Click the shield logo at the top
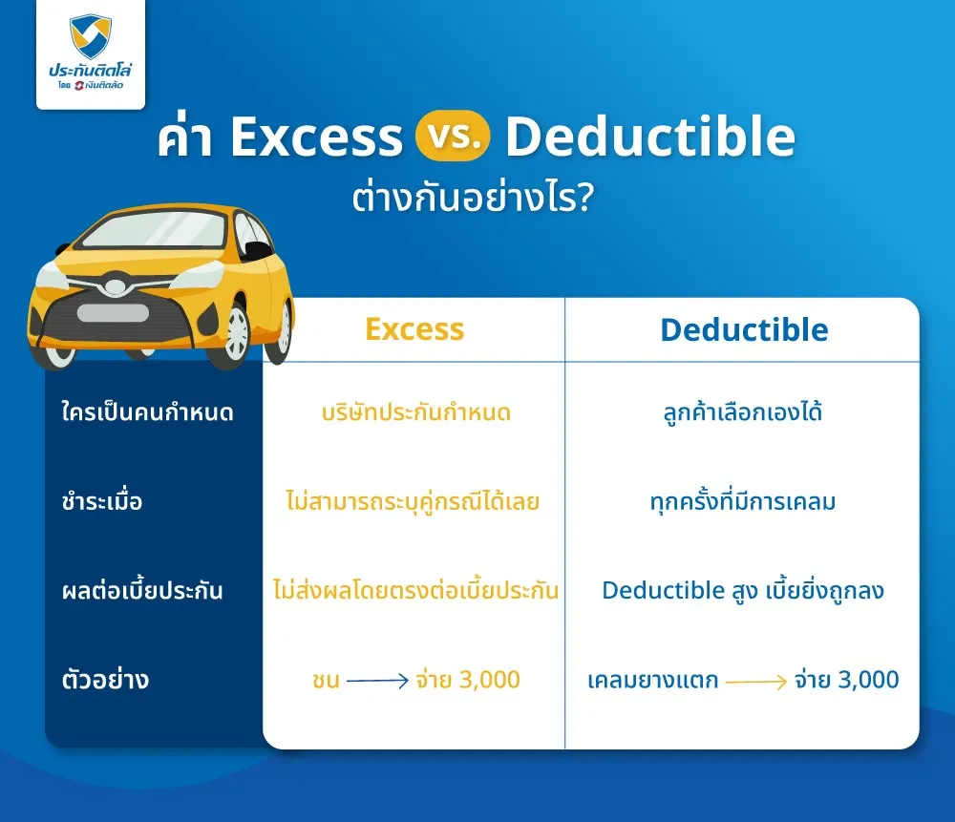click(x=90, y=35)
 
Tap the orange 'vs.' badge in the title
click(x=453, y=139)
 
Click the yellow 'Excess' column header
click(x=414, y=329)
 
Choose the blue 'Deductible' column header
click(x=744, y=330)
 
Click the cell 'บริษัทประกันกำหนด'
click(x=416, y=413)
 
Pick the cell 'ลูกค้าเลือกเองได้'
click(x=742, y=413)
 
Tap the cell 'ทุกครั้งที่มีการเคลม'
click(x=742, y=502)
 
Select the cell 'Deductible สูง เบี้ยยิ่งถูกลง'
click(x=742, y=590)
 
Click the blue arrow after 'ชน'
click(x=377, y=682)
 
